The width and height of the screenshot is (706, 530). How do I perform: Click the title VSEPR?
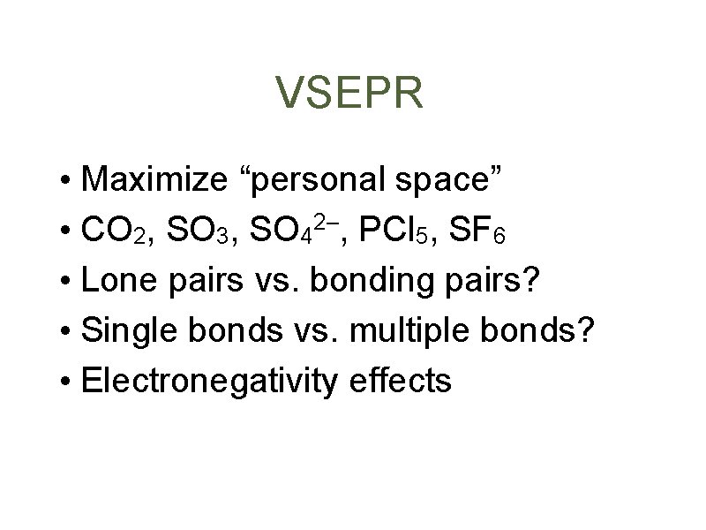pos(349,94)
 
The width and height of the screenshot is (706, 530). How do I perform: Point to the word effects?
pos(401,381)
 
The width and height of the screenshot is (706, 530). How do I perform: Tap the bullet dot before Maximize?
pos(67,181)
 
